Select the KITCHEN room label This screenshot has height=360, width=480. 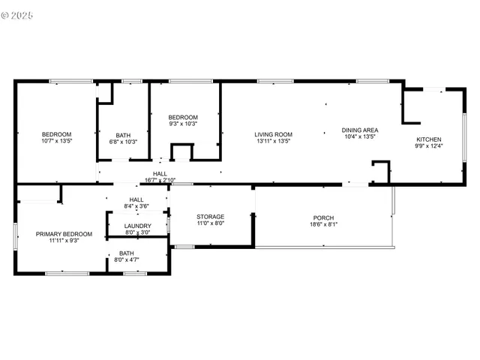coord(429,139)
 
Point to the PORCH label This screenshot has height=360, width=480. coord(324,217)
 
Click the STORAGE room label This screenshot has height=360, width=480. coord(211,217)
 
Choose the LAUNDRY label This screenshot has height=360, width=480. coord(138,226)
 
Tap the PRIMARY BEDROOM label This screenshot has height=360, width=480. coord(64,234)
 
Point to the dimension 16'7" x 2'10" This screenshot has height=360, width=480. coord(160,180)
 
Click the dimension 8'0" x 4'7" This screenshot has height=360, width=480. coord(126,259)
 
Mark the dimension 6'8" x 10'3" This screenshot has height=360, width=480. coord(124,142)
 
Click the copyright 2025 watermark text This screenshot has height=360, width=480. coord(18,14)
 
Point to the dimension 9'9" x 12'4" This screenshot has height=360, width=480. coord(429,146)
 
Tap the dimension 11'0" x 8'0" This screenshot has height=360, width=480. coord(211,223)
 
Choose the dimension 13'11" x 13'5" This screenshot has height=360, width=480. coord(273,140)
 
